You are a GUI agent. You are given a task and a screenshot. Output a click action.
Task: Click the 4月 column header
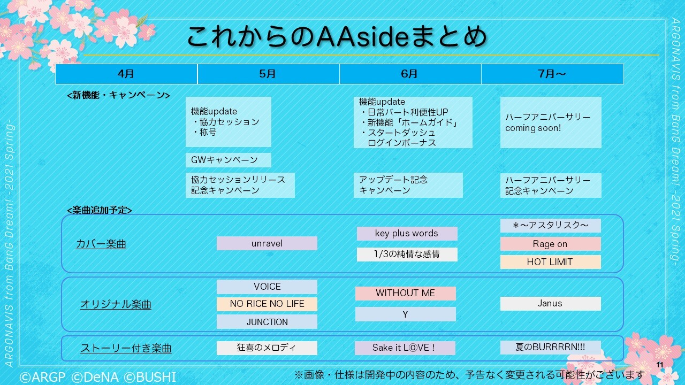click(126, 74)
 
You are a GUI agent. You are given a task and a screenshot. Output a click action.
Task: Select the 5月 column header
click(268, 74)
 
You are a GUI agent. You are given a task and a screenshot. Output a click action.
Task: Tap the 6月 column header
click(410, 74)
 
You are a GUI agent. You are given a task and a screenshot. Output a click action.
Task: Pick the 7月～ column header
click(552, 74)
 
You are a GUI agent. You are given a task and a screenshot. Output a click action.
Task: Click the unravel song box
click(267, 243)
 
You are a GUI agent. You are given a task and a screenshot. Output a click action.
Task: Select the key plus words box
click(407, 234)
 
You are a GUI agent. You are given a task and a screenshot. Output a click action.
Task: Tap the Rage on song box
click(550, 244)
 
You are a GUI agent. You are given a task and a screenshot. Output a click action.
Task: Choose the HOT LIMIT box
click(550, 262)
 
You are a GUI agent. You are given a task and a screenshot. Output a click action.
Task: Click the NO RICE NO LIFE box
click(267, 304)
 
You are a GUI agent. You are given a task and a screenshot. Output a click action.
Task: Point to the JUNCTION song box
click(267, 322)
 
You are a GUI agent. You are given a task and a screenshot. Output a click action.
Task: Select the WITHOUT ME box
click(405, 293)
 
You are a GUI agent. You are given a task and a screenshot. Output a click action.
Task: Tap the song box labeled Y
click(405, 314)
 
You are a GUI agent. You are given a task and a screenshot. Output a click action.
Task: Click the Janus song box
click(550, 304)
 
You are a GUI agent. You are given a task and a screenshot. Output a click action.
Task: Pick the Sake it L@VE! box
click(405, 348)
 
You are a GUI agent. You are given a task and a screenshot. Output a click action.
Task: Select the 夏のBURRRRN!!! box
click(550, 347)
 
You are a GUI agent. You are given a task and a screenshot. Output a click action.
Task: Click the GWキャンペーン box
click(228, 160)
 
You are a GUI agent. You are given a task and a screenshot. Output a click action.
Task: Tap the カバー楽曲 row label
click(101, 244)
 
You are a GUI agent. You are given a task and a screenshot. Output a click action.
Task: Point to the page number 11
click(659, 365)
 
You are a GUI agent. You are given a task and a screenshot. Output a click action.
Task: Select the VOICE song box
click(267, 287)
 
